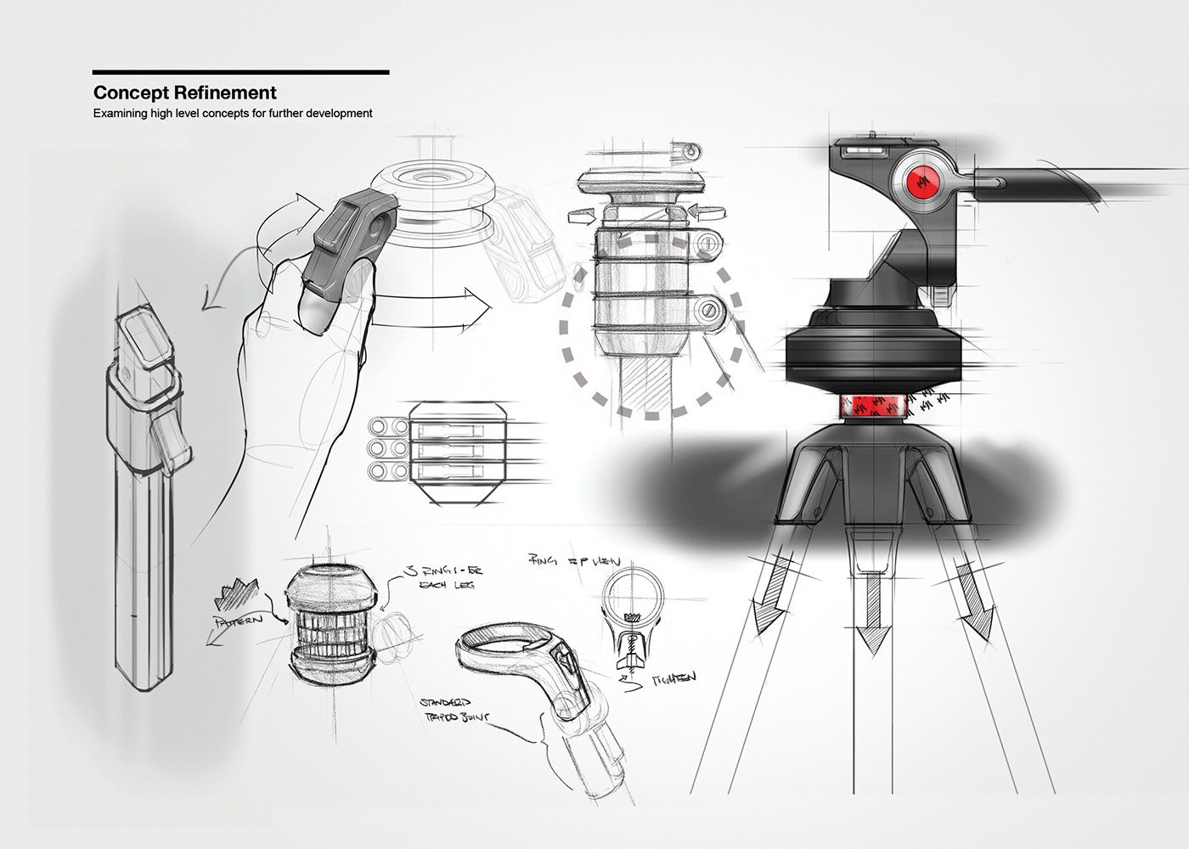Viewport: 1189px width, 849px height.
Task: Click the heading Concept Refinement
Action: pyautogui.click(x=184, y=93)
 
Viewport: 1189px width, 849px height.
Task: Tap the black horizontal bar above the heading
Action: pyautogui.click(x=240, y=72)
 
